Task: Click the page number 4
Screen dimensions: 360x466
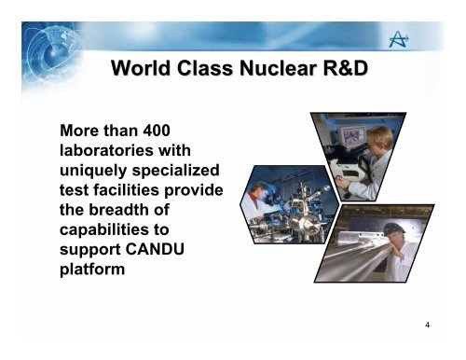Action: click(x=426, y=325)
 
